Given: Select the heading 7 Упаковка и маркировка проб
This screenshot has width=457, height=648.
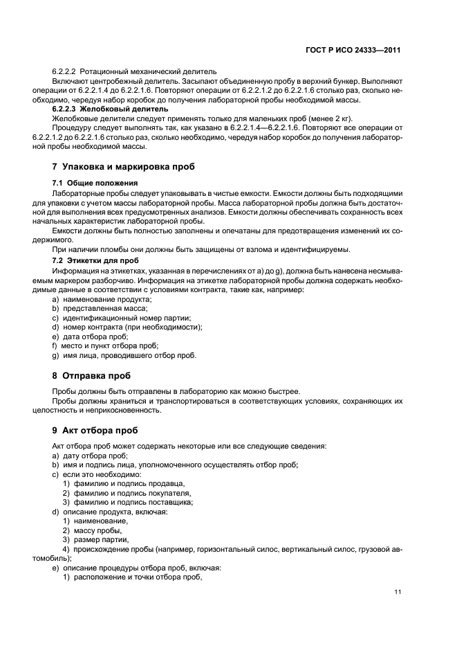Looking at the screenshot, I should (x=123, y=167).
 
